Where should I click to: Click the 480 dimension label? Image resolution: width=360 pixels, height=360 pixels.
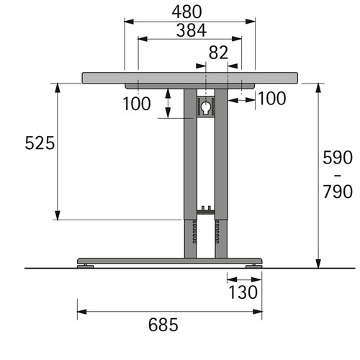pos(186,12)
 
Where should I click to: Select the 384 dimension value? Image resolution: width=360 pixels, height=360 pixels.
pos(192,30)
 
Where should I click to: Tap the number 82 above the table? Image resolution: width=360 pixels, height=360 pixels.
pos(218,53)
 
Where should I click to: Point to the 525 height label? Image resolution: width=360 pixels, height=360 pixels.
pos(40,143)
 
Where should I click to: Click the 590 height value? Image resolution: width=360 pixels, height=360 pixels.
pos(338,158)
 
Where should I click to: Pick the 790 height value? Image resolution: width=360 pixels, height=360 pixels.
pos(338,192)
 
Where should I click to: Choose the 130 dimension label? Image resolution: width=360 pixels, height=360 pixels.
pos(243,292)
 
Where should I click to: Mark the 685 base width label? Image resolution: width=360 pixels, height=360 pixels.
pos(163,325)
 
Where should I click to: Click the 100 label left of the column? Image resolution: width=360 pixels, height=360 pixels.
pos(137,104)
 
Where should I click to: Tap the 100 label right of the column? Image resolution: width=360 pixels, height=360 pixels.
pos(272,99)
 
